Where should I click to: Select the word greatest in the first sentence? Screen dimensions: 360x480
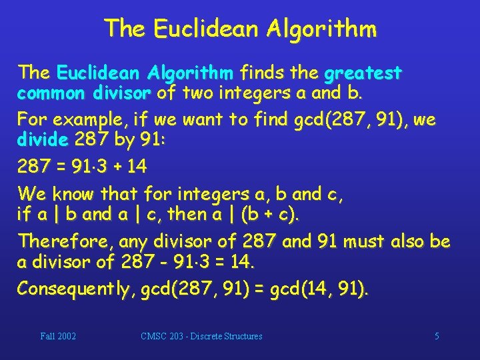coord(363,72)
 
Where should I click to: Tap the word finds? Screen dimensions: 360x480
coord(261,71)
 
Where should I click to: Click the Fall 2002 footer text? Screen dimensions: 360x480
coord(58,336)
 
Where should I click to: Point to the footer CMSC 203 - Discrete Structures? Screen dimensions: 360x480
coord(201,336)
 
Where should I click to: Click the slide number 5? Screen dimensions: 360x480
coord(437,336)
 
